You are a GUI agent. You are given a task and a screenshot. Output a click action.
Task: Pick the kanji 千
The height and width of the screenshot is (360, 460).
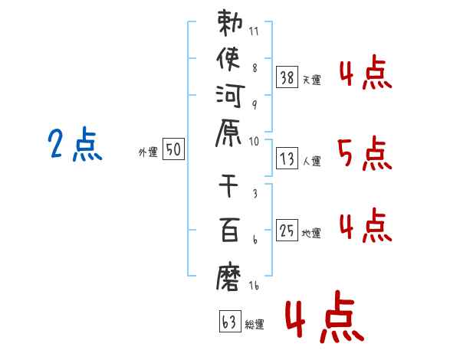click(x=231, y=186)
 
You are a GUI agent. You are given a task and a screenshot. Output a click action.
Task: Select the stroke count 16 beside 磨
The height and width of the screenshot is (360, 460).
click(x=254, y=286)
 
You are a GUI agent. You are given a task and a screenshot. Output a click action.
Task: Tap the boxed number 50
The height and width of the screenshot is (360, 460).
click(x=173, y=150)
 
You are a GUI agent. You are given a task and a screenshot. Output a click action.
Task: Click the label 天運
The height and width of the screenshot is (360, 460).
click(x=311, y=80)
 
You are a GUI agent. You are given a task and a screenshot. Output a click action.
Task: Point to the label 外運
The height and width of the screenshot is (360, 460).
click(x=147, y=153)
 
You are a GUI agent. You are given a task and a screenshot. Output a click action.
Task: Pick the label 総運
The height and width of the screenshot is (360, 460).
click(x=255, y=325)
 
